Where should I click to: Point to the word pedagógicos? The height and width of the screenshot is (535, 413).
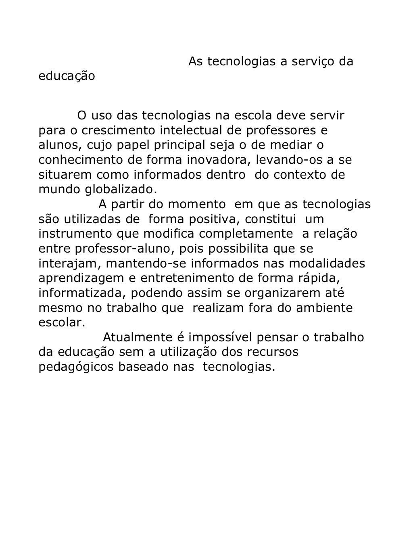76,367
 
